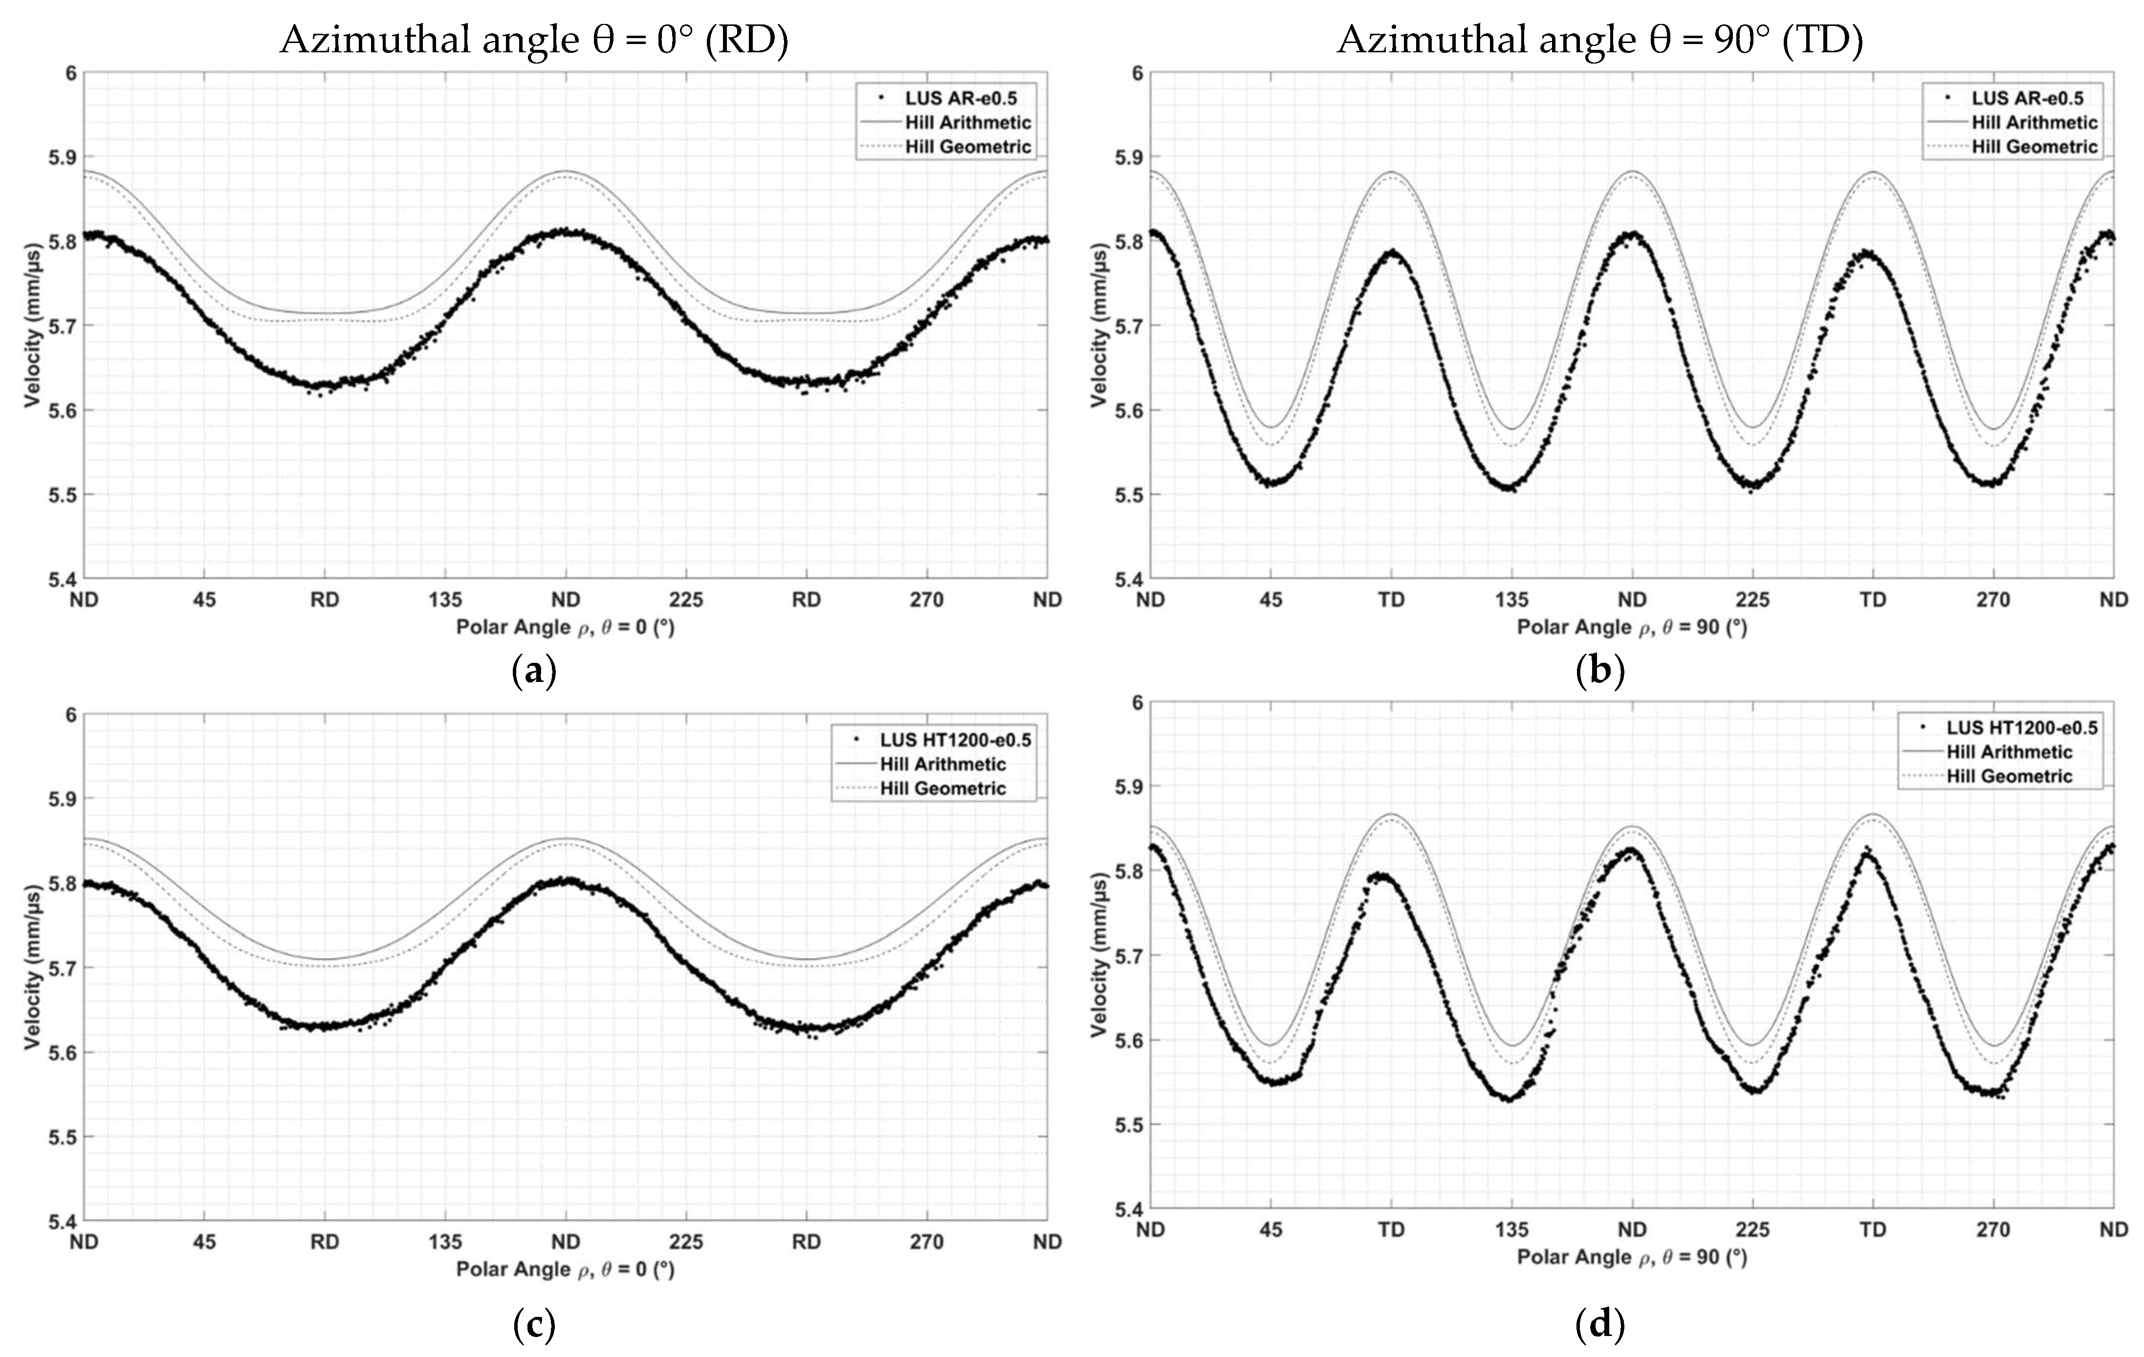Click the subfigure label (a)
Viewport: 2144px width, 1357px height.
point(535,671)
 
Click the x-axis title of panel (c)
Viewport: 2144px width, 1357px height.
point(566,1269)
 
